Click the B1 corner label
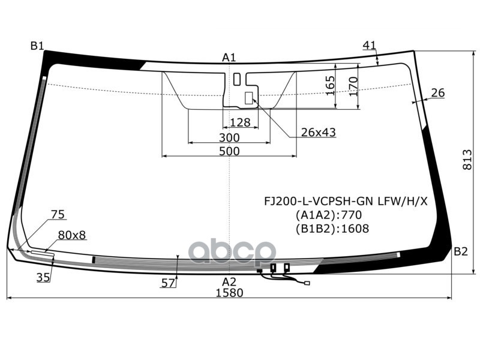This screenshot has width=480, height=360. pos(37,46)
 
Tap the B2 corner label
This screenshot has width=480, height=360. pos(460,251)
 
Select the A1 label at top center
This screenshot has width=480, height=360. pos(229,58)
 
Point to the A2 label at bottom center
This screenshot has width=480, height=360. pos(229,281)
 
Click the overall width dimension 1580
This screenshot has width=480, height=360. pos(229,293)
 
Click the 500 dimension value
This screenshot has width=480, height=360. pos(229,151)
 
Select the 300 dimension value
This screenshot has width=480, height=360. pos(229,137)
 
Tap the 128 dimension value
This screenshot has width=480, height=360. pos(240,122)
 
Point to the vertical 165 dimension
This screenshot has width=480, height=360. pos(330,85)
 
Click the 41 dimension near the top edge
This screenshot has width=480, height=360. pos(370,45)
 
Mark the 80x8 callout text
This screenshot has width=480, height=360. pos(72,235)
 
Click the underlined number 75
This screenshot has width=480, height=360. pos(58,214)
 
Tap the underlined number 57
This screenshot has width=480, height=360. pos(169,283)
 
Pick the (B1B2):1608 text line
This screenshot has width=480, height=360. pos(332,229)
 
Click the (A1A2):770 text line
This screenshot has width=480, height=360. pos(328,215)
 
